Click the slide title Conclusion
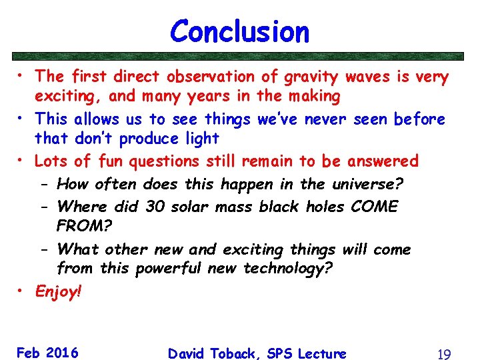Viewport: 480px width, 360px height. pos(239,31)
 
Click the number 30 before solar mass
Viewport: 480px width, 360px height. pos(155,206)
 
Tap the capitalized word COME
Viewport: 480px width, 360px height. pos(373,206)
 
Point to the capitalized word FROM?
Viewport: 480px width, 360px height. pos(84,225)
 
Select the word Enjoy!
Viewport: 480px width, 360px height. pos(58,291)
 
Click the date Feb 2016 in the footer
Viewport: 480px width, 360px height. pos(47,353)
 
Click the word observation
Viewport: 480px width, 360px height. pos(211,77)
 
